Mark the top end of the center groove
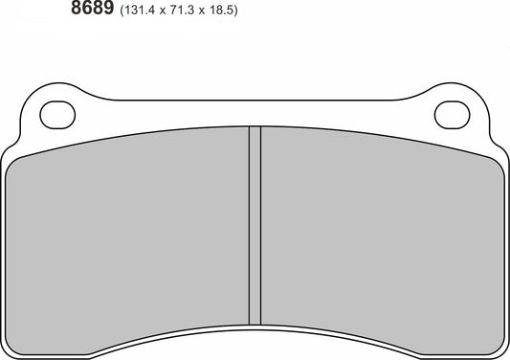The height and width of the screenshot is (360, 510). click(255, 128)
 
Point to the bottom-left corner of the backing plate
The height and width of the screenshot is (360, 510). click(11, 349)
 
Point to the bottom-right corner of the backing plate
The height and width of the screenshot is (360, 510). click(499, 349)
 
